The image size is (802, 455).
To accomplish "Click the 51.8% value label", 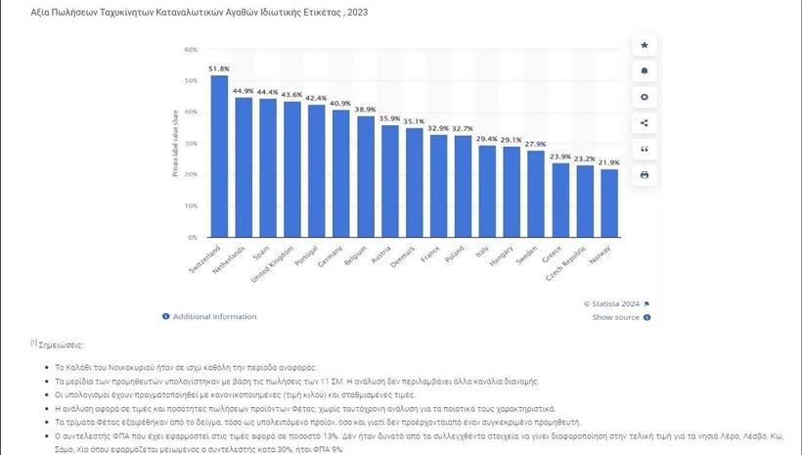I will click(x=219, y=69).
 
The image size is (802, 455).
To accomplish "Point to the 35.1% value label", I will click(x=414, y=121).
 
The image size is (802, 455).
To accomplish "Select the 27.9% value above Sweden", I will click(x=536, y=144).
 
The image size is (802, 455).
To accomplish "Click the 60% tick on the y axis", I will click(x=191, y=49).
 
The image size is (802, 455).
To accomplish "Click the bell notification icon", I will click(x=644, y=71).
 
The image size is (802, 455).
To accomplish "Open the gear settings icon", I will click(x=644, y=97).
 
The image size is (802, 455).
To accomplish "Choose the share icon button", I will click(x=644, y=123).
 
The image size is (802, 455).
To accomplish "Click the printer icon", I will click(x=644, y=175).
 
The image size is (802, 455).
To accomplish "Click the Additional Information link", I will click(x=214, y=317).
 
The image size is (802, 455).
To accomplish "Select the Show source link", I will click(x=616, y=317).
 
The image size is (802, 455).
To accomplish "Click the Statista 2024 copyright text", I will click(x=611, y=304).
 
